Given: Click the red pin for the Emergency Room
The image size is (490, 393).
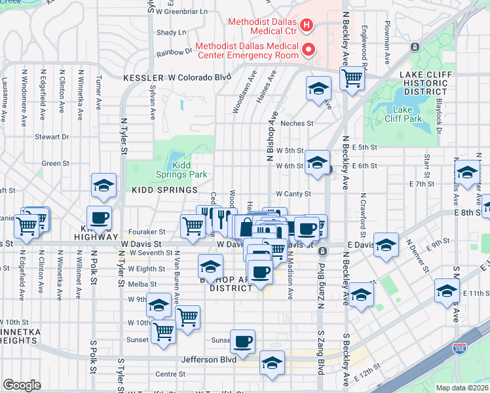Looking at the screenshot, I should point(306,50).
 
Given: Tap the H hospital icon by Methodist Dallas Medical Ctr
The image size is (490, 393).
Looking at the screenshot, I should point(306,26).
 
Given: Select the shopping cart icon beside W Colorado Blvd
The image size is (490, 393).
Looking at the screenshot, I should point(352,79).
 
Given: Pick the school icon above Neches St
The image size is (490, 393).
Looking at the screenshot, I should point(318,88).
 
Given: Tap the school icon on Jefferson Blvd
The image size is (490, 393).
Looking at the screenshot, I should point(272,362).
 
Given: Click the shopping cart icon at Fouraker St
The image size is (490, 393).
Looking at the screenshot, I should point(193,226).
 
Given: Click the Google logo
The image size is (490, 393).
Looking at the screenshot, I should point(22,384).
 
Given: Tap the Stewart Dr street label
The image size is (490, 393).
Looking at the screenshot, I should point(52,137).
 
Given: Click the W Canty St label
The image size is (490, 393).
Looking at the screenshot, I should point(293,194).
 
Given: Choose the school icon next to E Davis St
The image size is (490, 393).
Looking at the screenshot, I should point(386,246).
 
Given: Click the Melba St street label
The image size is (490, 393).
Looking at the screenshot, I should point(143,284).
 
